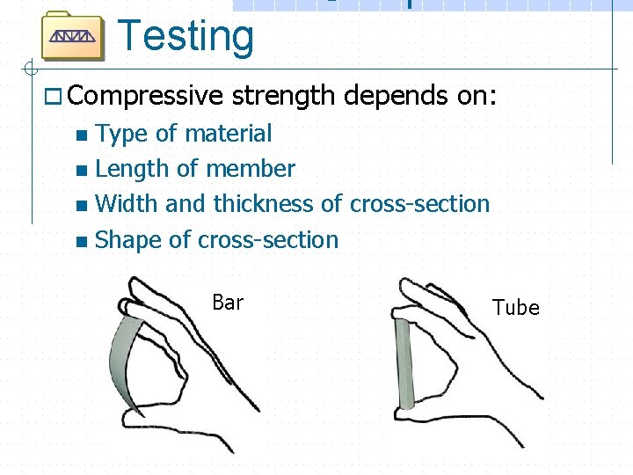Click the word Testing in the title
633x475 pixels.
pyautogui.click(x=186, y=36)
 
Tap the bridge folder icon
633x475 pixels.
pyautogui.click(x=73, y=36)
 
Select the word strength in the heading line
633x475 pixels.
pyautogui.click(x=284, y=95)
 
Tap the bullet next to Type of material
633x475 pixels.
pyautogui.click(x=82, y=135)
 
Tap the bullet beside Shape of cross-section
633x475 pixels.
pyautogui.click(x=82, y=241)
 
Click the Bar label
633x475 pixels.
pyautogui.click(x=228, y=303)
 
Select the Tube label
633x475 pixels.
pyautogui.click(x=516, y=308)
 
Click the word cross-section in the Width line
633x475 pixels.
pyautogui.click(x=419, y=204)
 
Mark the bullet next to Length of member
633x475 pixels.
pyautogui.click(x=82, y=171)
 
